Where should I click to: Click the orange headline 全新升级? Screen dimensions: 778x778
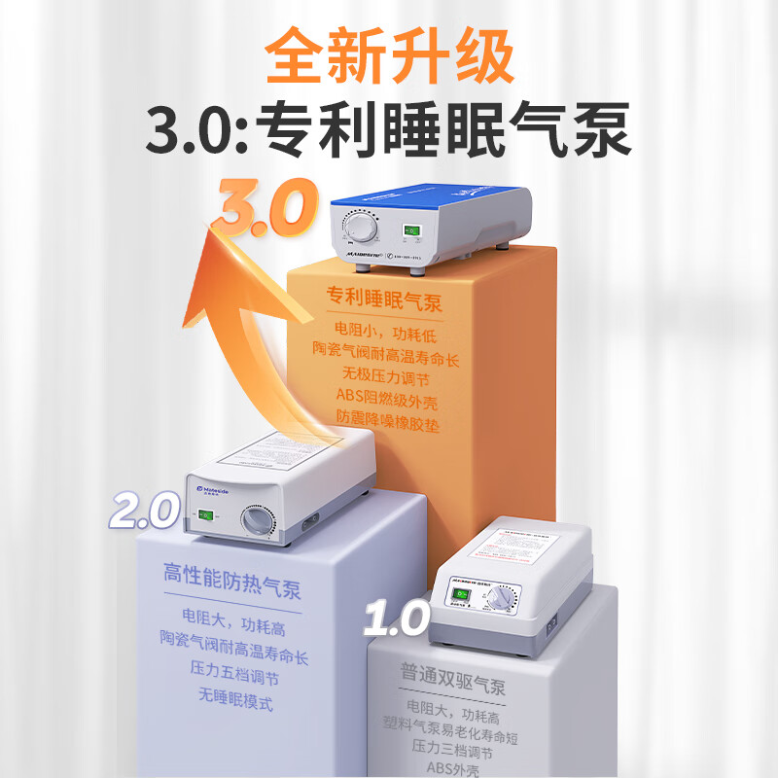tap(389, 56)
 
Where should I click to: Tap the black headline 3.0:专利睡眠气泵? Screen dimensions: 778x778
tap(389, 131)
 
